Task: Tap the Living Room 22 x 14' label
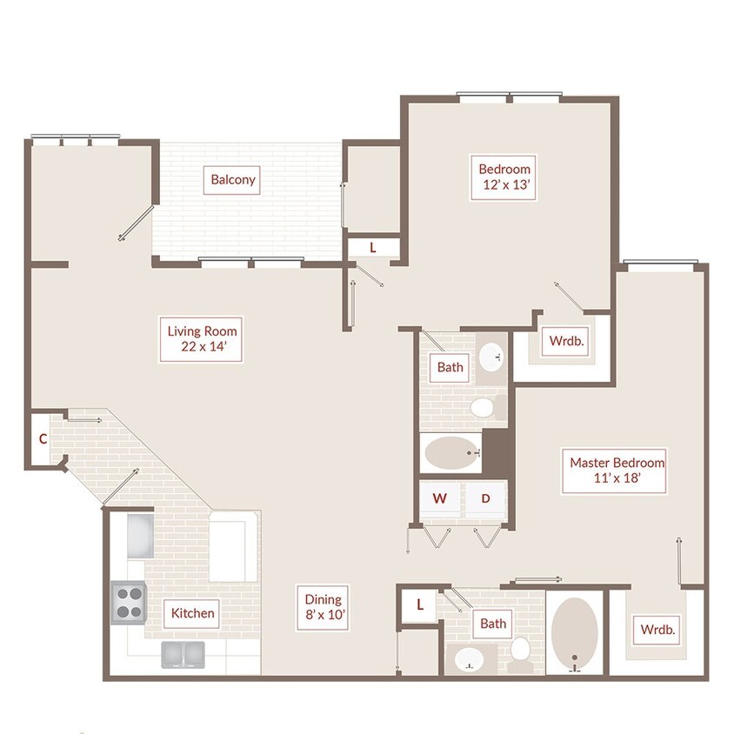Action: point(201,339)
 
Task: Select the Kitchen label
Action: point(192,613)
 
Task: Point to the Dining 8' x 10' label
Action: point(323,607)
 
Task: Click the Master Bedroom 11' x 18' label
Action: point(614,470)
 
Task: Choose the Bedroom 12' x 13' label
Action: point(504,177)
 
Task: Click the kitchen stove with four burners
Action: point(129,603)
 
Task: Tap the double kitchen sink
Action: point(183,654)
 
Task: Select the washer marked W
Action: point(439,498)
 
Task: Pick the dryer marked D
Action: point(485,498)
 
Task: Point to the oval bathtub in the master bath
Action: point(574,633)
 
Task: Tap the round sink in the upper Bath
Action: point(491,357)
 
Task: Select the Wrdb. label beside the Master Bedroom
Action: point(657,630)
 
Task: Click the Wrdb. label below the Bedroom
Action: point(566,341)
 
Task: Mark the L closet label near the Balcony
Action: point(372,248)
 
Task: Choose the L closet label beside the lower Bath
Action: point(420,604)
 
